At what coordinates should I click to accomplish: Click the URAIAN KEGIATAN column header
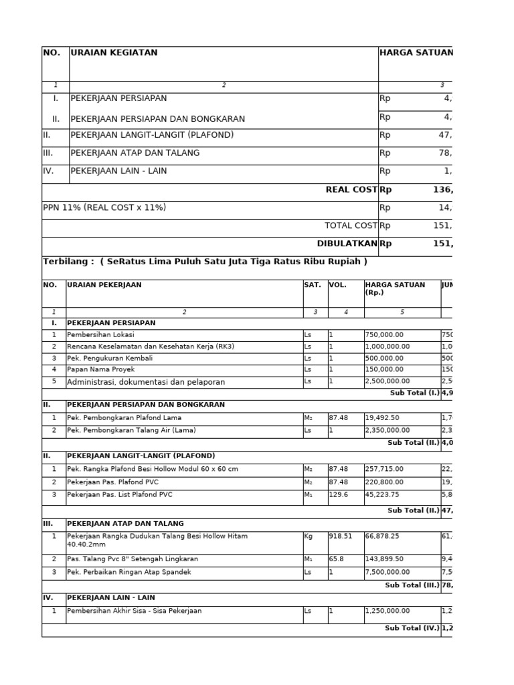(114, 53)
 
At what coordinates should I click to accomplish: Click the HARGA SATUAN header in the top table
(415, 53)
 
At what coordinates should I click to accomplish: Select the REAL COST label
(351, 190)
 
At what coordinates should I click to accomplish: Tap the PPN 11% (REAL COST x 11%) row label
(104, 208)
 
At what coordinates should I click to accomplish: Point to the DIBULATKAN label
(347, 244)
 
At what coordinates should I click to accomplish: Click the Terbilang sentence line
(205, 262)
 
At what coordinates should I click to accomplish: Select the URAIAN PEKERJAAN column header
(104, 285)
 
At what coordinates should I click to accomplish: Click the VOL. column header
(338, 285)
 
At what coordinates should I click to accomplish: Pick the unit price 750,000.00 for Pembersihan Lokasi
(387, 335)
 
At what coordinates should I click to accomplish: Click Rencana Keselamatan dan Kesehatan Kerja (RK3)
(151, 347)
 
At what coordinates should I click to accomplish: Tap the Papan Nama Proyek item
(101, 369)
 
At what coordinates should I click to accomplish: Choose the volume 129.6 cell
(339, 495)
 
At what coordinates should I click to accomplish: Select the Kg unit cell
(309, 536)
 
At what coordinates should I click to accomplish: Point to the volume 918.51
(341, 536)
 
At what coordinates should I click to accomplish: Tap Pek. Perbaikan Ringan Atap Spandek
(129, 573)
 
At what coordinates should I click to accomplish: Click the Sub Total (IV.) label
(412, 629)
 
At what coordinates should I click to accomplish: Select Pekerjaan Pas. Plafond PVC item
(113, 482)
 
